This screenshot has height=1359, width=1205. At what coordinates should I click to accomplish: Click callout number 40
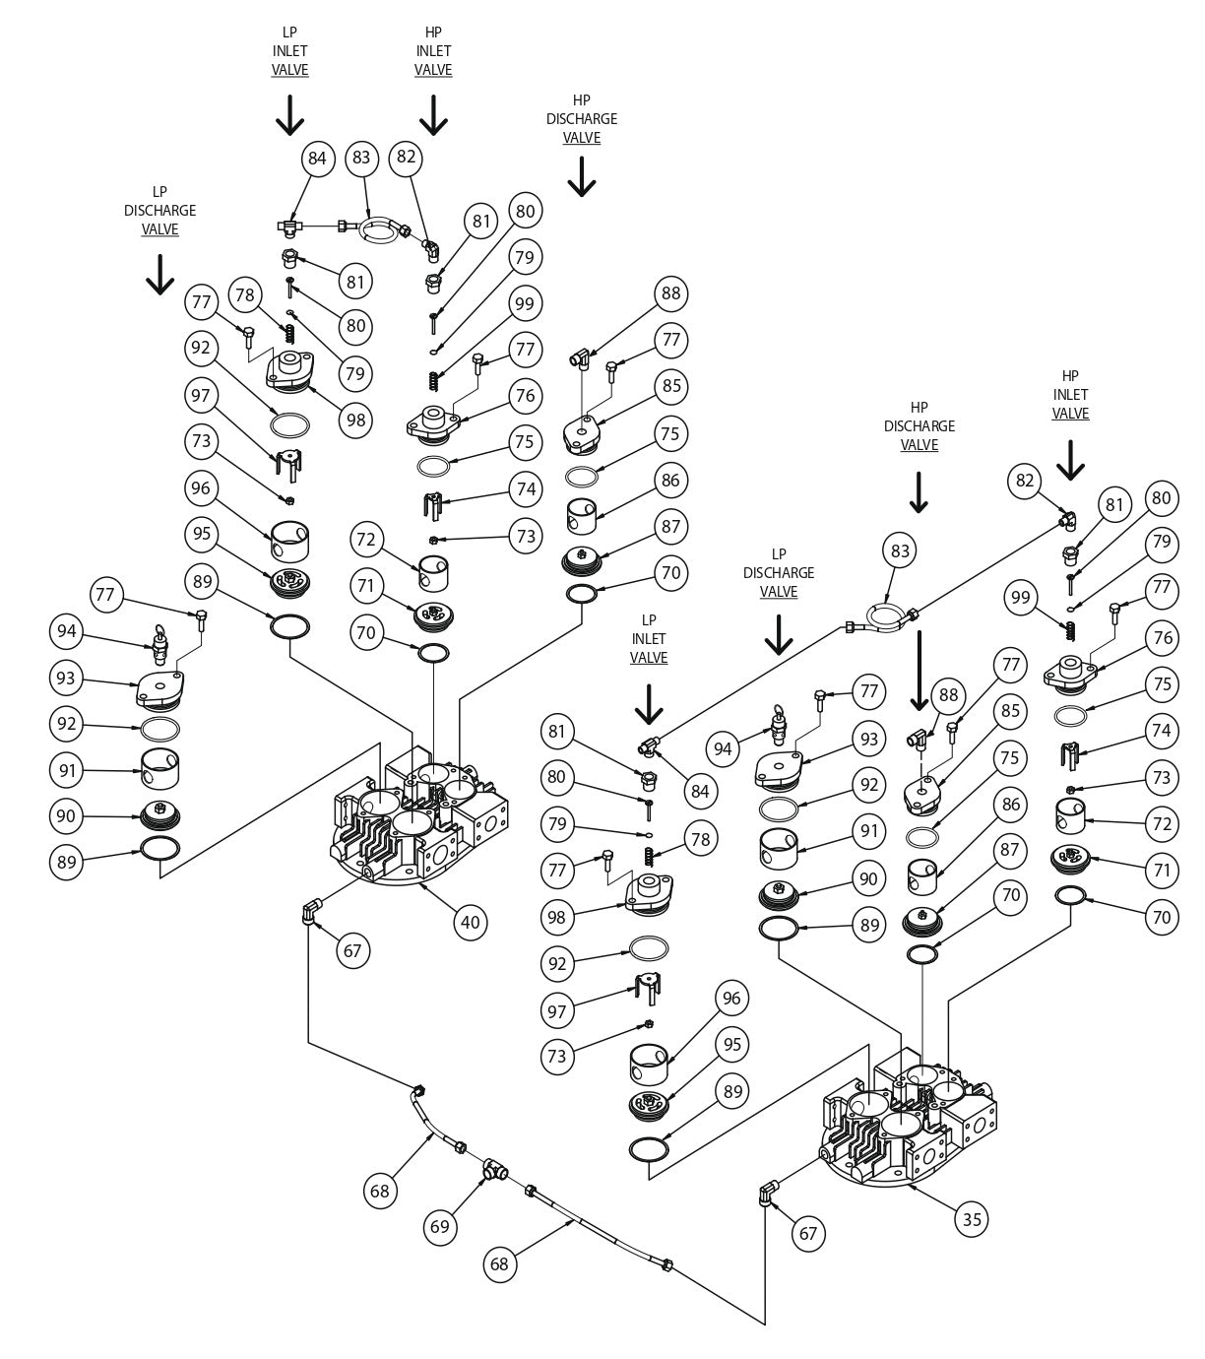471,922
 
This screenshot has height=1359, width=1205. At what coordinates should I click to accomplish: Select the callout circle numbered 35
972,1219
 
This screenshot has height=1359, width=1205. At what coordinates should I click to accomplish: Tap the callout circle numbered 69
440,1226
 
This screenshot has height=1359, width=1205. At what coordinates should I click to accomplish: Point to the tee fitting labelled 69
495,1170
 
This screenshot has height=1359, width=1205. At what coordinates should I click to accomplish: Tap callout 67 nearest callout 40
352,950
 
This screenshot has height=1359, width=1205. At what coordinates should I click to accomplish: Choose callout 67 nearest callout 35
808,1233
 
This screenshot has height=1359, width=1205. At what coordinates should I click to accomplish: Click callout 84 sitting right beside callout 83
317,158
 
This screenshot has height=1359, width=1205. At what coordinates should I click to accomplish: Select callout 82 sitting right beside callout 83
406,158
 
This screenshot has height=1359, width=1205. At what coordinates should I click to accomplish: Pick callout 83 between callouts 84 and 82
361,158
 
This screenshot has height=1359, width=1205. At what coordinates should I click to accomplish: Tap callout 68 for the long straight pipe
500,1263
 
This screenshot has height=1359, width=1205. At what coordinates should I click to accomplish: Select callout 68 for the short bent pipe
380,1191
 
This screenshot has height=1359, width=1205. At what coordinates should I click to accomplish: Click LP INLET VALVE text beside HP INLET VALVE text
289,51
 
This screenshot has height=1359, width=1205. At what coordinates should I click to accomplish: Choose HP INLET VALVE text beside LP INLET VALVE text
433,51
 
